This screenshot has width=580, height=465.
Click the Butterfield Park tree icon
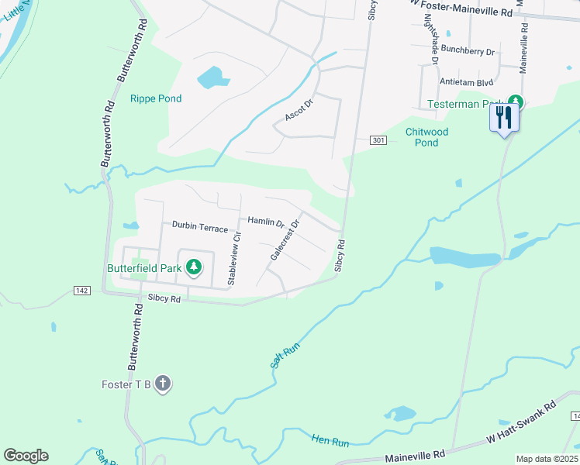pyautogui.click(x=193, y=268)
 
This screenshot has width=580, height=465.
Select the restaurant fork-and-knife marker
pyautogui.click(x=504, y=118)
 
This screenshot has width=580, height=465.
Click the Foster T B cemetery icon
pyautogui.click(x=162, y=384)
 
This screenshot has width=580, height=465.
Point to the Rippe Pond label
pyautogui.click(x=156, y=98)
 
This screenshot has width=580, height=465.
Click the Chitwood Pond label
pyautogui.click(x=426, y=137)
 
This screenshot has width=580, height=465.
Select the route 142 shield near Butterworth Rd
pyautogui.click(x=82, y=290)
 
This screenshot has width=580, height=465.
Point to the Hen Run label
pyautogui.click(x=330, y=440)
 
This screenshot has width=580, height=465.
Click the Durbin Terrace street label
pyautogui.click(x=200, y=228)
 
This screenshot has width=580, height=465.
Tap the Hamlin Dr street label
pyautogui.click(x=266, y=222)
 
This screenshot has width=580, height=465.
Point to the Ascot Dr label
pyautogui.click(x=299, y=109)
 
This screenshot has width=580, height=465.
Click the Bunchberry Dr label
pyautogui.click(x=468, y=50)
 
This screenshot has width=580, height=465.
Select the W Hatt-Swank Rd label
pyautogui.click(x=521, y=420)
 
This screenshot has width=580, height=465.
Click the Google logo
pyautogui.click(x=26, y=456)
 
